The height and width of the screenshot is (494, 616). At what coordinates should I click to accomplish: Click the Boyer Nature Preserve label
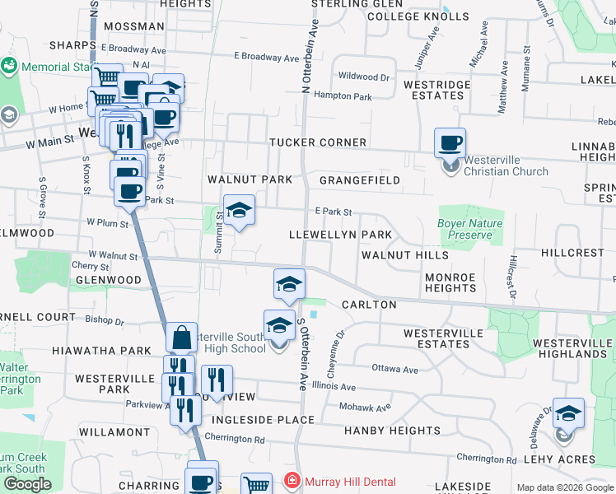[470, 229]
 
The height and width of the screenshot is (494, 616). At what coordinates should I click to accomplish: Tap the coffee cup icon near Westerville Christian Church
[450, 142]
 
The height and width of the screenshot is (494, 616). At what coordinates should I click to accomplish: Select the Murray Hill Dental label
[350, 482]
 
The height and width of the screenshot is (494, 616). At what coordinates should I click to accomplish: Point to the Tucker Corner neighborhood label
[318, 142]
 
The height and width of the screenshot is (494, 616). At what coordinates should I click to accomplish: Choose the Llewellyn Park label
[340, 235]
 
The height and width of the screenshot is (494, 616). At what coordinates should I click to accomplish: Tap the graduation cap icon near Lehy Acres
[567, 413]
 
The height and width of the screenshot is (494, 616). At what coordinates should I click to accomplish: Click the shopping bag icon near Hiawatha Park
[181, 338]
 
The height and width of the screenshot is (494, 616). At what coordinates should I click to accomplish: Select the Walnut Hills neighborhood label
[405, 255]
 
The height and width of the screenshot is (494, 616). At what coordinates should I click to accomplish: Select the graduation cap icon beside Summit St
[239, 210]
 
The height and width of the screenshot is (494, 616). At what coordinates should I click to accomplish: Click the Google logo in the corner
[27, 484]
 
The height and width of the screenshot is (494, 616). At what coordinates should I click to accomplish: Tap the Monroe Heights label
[450, 282]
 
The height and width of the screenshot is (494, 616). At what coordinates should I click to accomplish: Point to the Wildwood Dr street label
[363, 77]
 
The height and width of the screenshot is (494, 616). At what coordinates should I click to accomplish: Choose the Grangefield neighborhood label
[360, 180]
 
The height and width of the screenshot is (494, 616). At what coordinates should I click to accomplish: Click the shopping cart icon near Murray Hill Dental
[257, 486]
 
